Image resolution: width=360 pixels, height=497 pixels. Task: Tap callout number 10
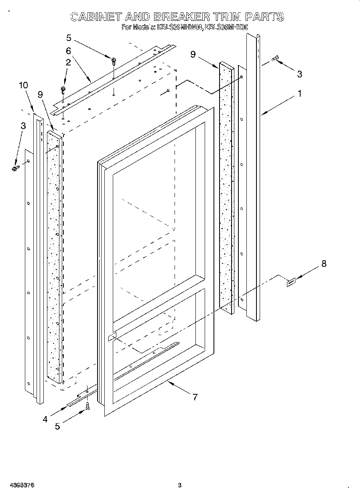pos(23,85)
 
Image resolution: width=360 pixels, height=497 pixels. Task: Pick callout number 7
pos(195,397)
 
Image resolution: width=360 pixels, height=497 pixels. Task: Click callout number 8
pos(324,264)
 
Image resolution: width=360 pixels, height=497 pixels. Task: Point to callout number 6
pos(68,51)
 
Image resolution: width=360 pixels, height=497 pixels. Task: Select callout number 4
pos(45,419)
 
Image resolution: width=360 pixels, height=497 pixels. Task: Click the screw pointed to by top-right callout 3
pos(275,59)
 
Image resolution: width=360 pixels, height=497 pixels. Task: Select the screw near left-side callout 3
pos(16,168)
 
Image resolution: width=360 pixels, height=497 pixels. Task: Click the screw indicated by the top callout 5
pos(114,61)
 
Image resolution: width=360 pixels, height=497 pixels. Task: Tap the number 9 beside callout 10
pos(40,94)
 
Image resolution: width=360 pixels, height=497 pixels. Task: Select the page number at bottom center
pos(180,485)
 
